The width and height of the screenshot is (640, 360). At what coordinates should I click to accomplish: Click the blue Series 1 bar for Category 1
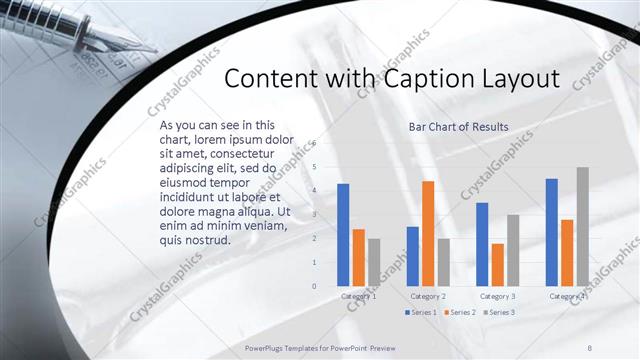tap(343, 235)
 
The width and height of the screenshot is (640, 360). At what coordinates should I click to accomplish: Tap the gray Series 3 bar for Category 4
tap(582, 226)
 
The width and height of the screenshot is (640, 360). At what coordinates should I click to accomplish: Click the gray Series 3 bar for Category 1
tap(374, 262)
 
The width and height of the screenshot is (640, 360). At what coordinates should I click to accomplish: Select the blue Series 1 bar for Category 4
tap(551, 232)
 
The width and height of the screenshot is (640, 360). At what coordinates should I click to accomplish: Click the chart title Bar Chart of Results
tap(458, 127)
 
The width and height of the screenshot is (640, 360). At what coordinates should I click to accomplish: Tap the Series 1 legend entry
tap(422, 313)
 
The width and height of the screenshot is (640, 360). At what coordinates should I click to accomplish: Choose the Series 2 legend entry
tap(460, 313)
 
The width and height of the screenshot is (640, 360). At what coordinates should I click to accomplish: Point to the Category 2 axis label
tap(428, 296)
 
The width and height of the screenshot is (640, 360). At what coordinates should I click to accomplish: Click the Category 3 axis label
tap(497, 296)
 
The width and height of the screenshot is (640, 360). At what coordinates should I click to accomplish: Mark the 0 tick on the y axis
tap(314, 286)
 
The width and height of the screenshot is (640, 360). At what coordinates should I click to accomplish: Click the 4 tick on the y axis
tap(314, 191)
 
